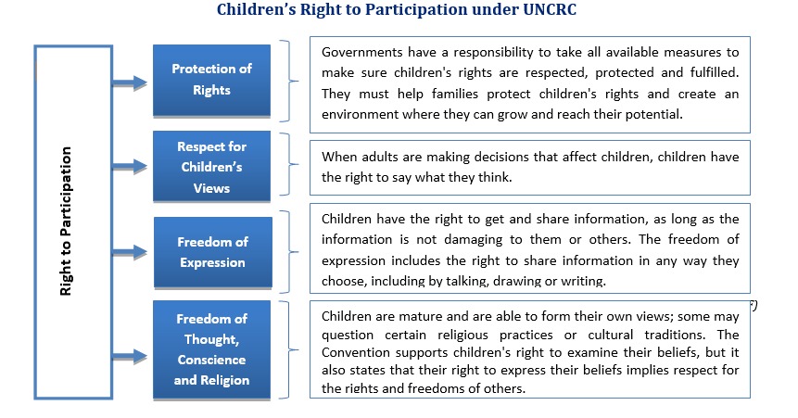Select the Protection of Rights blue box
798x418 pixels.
point(211,81)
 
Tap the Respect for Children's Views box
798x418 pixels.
point(211,167)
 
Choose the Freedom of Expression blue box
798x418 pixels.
point(213,252)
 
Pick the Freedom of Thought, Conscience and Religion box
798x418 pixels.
point(211,349)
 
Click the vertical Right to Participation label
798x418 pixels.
point(66,221)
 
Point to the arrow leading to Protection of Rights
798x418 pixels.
point(130,82)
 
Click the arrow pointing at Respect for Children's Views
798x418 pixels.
point(130,166)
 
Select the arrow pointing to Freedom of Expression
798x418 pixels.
point(130,251)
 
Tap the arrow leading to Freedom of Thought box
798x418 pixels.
point(130,356)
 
